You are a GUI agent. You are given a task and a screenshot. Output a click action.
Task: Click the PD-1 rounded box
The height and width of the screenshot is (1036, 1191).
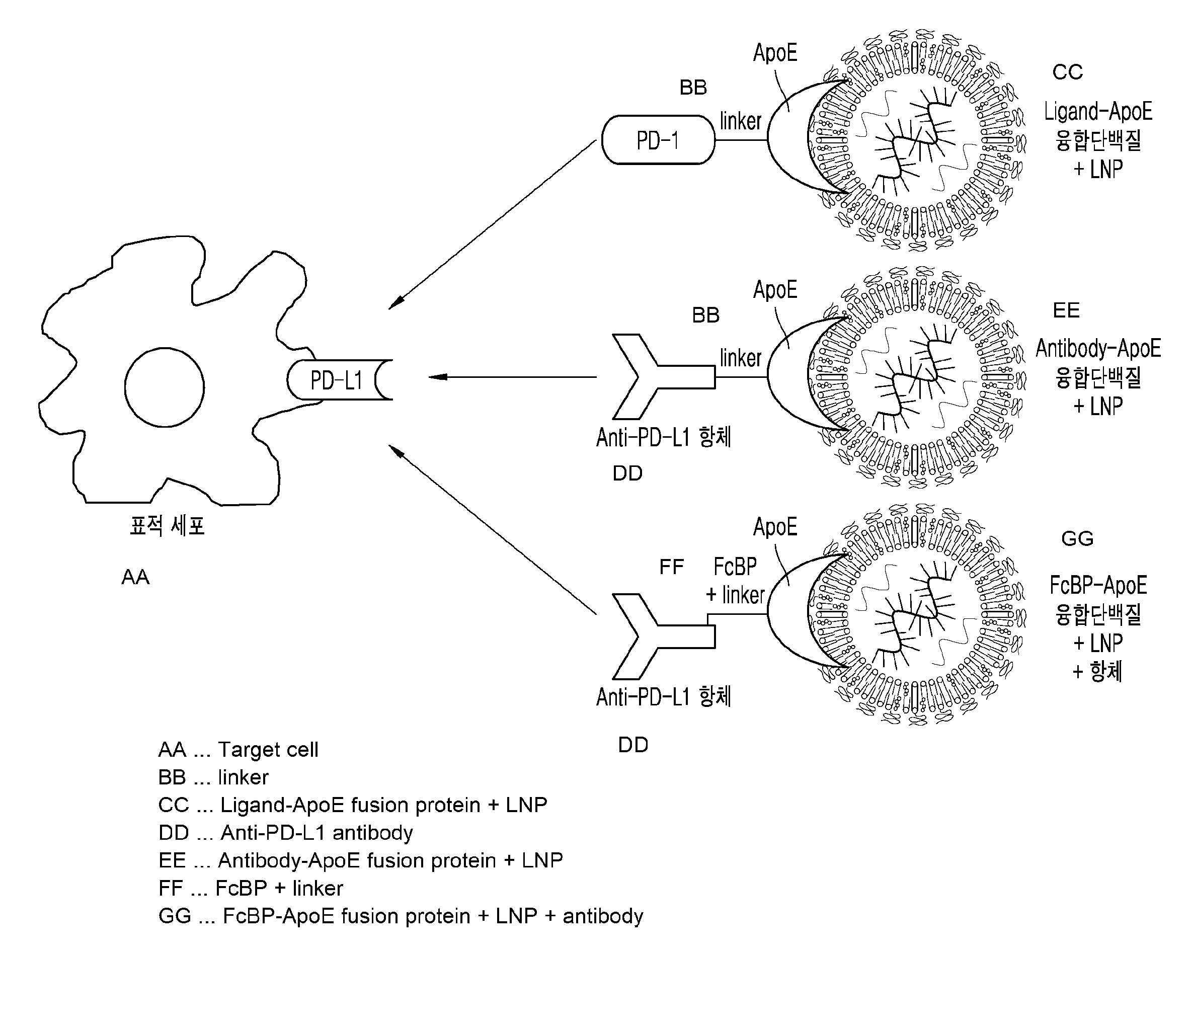click(x=658, y=140)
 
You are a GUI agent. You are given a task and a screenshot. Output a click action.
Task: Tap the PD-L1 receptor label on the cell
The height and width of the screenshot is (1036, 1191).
click(x=337, y=380)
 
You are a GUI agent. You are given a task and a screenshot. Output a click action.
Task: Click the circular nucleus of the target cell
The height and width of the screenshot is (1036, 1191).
click(x=165, y=387)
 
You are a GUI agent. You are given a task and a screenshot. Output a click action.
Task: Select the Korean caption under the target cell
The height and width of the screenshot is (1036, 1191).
click(x=167, y=525)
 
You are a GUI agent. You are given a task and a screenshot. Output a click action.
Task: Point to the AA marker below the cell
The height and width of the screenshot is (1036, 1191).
click(x=135, y=577)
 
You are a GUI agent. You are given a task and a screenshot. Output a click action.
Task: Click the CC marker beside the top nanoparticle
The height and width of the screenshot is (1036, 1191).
click(x=1067, y=72)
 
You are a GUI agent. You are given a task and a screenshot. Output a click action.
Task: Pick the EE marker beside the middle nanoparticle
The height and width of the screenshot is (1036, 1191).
click(x=1066, y=310)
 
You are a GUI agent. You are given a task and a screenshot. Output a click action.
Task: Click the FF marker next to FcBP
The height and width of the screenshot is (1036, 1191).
click(x=671, y=567)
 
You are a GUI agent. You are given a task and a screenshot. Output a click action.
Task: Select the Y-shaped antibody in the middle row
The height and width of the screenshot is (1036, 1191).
click(x=659, y=376)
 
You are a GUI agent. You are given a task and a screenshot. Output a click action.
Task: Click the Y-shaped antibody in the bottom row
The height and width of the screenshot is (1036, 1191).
click(x=659, y=636)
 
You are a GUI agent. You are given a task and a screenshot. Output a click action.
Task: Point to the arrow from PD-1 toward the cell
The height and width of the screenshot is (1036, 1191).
click(x=492, y=225)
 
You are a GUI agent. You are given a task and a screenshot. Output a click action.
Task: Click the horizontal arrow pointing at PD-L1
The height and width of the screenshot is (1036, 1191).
click(x=512, y=377)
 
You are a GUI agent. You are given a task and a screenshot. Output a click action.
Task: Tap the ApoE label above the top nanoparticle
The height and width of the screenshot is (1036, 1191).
click(x=775, y=53)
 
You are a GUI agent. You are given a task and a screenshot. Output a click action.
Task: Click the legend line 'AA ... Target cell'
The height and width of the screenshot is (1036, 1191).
click(x=238, y=750)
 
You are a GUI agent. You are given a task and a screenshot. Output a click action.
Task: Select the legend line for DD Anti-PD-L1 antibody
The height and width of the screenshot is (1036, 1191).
click(x=286, y=833)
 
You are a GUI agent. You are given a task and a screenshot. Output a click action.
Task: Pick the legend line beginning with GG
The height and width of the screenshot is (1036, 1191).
click(x=401, y=916)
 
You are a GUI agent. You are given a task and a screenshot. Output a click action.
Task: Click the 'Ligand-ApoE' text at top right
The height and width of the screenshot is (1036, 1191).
click(x=1098, y=111)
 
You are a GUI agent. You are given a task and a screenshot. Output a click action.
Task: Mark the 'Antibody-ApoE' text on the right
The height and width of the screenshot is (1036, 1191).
click(x=1098, y=348)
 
